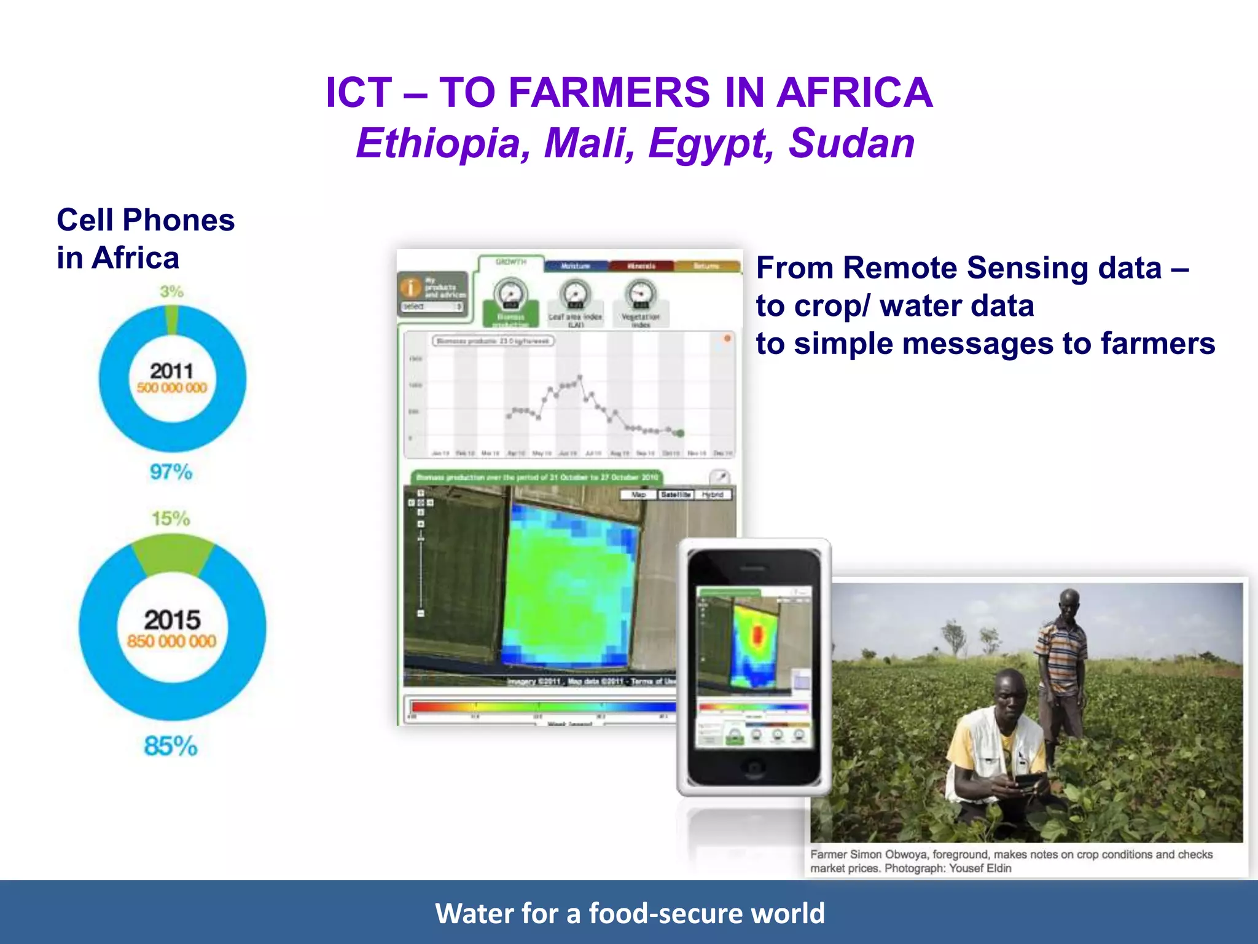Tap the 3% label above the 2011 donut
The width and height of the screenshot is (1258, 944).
[x=171, y=291]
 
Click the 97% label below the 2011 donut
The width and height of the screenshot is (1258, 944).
[x=171, y=472]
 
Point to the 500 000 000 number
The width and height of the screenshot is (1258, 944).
[x=172, y=388]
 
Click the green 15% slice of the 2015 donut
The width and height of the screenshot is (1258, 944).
[x=173, y=554]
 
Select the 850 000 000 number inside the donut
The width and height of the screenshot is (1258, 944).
[x=172, y=642]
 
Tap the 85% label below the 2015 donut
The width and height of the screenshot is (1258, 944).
[x=171, y=746]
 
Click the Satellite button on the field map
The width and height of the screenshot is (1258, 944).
[x=676, y=495]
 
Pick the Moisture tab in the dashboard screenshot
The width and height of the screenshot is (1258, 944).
[x=576, y=266]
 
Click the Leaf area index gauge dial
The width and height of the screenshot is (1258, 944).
[x=575, y=294]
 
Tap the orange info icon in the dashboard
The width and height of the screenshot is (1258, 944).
[x=410, y=288]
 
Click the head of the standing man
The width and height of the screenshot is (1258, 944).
[x=1069, y=604]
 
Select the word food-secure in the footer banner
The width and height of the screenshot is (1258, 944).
[x=666, y=913]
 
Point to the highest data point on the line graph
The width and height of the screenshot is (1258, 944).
[x=580, y=377]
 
